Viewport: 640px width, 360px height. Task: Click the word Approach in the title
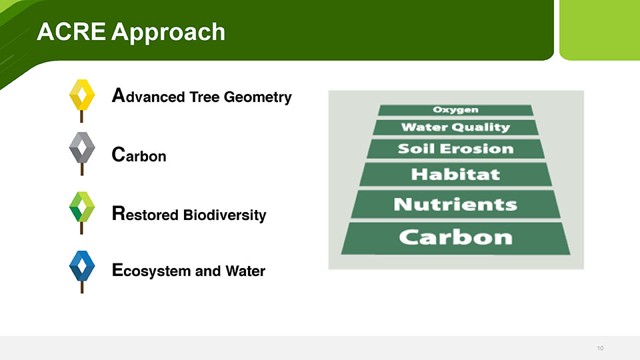point(168,33)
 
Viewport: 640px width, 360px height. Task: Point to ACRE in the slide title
point(71,31)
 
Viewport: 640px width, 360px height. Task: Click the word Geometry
point(257,98)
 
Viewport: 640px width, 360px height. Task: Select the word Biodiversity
point(225,215)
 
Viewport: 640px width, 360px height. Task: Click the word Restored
point(145,214)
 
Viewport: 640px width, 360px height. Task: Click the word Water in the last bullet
point(245,271)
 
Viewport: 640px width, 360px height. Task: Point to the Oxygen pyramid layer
point(455,110)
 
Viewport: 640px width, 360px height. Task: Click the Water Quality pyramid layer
point(455,127)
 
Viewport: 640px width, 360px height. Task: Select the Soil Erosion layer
point(455,149)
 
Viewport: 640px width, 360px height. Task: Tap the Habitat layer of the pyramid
point(455,174)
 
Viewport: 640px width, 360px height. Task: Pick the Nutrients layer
point(455,204)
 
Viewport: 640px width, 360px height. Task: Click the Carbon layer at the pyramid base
point(455,238)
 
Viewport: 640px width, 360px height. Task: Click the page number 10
point(600,348)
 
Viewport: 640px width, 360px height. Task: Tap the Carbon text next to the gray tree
point(139,155)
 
